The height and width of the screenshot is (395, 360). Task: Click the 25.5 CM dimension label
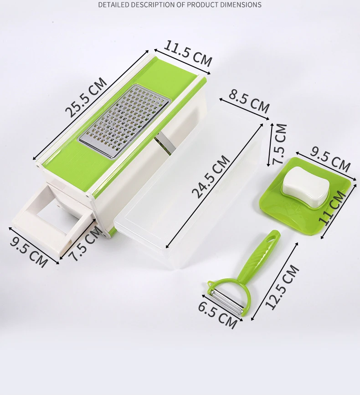click(86, 97)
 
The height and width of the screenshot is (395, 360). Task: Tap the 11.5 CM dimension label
click(188, 53)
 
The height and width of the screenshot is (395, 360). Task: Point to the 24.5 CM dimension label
click(211, 177)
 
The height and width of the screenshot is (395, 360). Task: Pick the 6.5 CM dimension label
click(217, 314)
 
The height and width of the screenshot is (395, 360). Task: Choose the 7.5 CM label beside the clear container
click(279, 144)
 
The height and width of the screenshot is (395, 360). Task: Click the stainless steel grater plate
click(123, 121)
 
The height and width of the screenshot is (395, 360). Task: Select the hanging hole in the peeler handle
click(273, 236)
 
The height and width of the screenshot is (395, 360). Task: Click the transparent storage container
click(187, 200)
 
